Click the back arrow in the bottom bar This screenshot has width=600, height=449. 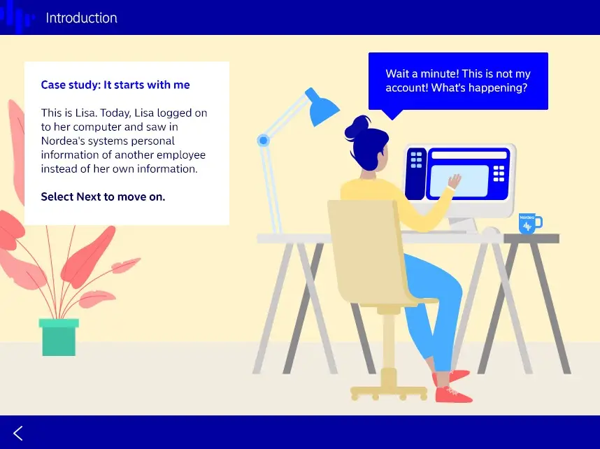pos(18,434)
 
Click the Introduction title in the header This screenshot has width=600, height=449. pos(81,18)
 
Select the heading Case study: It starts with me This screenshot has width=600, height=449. pos(115,85)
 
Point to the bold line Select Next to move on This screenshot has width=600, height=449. pos(103,197)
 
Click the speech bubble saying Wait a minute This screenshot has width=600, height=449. pos(458,81)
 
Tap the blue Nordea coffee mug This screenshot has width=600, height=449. pos(530,223)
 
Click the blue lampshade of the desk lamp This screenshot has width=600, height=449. pos(322,107)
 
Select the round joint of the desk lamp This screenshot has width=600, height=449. pos(263,141)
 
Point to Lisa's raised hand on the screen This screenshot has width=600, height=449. pos(455,180)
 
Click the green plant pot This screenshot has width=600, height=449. pos(59,337)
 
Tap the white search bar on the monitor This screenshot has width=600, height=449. pos(469,155)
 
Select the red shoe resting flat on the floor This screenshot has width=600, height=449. pos(454,394)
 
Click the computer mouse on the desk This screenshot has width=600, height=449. pos(491,231)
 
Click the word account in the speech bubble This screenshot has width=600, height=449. pos(406,88)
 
